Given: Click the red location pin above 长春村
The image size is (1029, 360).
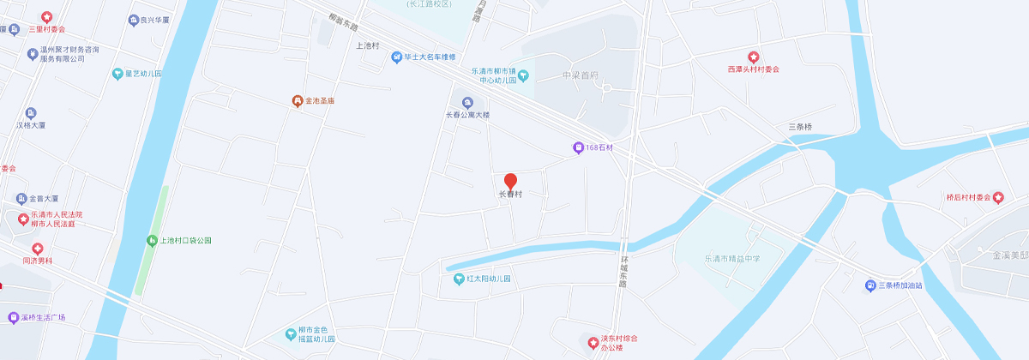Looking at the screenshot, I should click(510, 181).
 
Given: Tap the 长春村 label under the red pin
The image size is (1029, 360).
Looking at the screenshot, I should click(510, 195).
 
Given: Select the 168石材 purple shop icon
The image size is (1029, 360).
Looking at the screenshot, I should click(579, 147).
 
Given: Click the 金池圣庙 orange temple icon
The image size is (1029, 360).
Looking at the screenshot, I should click(297, 101).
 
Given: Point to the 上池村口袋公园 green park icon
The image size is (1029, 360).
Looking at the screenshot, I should click(153, 241).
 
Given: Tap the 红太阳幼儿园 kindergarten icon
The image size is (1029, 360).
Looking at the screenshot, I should click(458, 279).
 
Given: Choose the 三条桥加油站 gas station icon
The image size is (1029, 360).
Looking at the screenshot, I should click(870, 285).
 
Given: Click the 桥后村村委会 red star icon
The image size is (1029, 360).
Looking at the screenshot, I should click(998, 197).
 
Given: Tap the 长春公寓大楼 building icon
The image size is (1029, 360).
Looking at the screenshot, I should click(467, 103).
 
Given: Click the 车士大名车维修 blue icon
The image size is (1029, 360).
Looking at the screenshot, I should click(396, 57).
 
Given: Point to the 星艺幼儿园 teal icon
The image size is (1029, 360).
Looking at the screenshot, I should click(117, 74).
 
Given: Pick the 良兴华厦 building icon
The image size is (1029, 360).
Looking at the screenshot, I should click(133, 20).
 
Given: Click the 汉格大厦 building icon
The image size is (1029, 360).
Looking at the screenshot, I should click(31, 113).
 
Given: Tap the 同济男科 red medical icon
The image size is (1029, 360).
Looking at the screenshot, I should click(37, 248).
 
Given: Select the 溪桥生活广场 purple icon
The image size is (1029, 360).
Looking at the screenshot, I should click(13, 317).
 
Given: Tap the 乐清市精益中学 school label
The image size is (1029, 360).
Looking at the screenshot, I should click(732, 258).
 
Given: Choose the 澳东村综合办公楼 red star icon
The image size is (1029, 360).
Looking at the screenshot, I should click(593, 343).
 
